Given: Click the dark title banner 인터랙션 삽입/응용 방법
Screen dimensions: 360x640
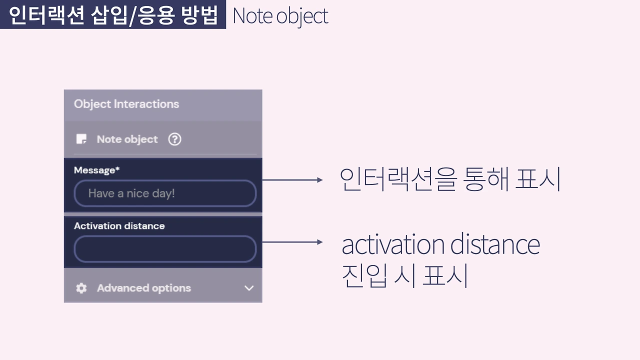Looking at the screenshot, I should click(113, 15).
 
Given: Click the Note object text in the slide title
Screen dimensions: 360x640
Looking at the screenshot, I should click(280, 16).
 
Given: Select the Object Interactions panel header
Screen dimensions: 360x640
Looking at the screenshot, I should click(126, 104).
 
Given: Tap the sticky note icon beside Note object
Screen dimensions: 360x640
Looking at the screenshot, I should click(81, 139).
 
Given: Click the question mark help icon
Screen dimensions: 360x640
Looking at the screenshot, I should click(174, 139).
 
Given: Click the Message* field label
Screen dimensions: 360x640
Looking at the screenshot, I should click(97, 170).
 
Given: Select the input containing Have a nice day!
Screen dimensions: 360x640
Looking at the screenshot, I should click(165, 193).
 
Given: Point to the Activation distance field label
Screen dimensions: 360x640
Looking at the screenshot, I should click(119, 226).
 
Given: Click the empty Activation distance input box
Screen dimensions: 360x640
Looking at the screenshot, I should click(165, 249).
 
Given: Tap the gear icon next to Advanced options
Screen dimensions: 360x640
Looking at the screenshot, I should click(81, 288).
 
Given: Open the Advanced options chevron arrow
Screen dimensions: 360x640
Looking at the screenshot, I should click(249, 288).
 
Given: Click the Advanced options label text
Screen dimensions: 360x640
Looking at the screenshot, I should click(144, 288).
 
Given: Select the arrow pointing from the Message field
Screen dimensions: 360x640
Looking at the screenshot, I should click(292, 180).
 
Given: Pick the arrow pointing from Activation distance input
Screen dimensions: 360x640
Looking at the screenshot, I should click(292, 242).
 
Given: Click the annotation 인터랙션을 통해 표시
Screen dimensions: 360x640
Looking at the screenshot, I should click(450, 178).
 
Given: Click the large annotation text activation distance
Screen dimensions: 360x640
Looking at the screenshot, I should click(440, 244).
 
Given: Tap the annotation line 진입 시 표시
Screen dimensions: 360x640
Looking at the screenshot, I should click(404, 275).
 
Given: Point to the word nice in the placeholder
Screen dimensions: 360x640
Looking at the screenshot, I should click(137, 193).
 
